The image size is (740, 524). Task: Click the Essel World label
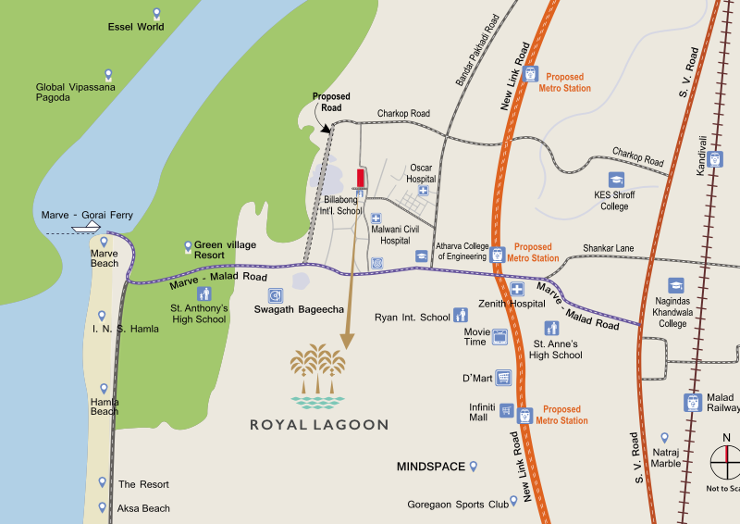[x=135, y=27]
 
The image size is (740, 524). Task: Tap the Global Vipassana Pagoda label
[x=69, y=92]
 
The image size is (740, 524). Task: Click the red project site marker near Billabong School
[x=360, y=178]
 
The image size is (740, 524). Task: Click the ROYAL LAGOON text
[x=318, y=425]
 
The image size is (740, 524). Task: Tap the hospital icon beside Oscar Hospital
[x=424, y=191]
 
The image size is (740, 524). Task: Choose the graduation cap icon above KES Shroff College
[x=616, y=180]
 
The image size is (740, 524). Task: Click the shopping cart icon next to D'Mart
[x=504, y=378]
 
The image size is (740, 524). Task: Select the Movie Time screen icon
[x=500, y=337]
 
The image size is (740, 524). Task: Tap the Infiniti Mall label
[x=484, y=411]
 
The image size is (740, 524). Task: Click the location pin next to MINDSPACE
[x=474, y=466]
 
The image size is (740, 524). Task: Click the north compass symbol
[x=725, y=460]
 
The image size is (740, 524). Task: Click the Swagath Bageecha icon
[x=275, y=295]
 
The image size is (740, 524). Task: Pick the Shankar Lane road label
[x=608, y=248]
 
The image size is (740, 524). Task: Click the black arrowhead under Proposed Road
[x=326, y=129]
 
